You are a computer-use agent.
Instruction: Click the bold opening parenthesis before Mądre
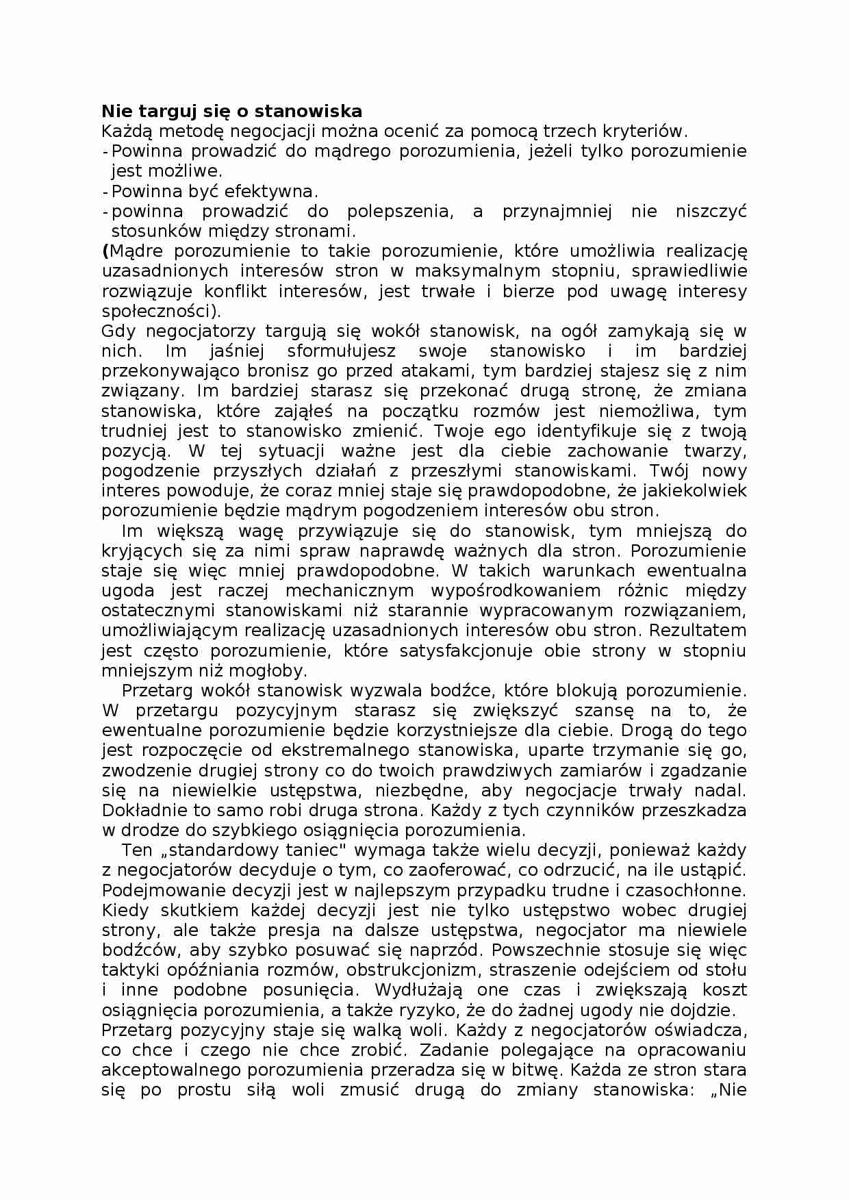click(x=105, y=251)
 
